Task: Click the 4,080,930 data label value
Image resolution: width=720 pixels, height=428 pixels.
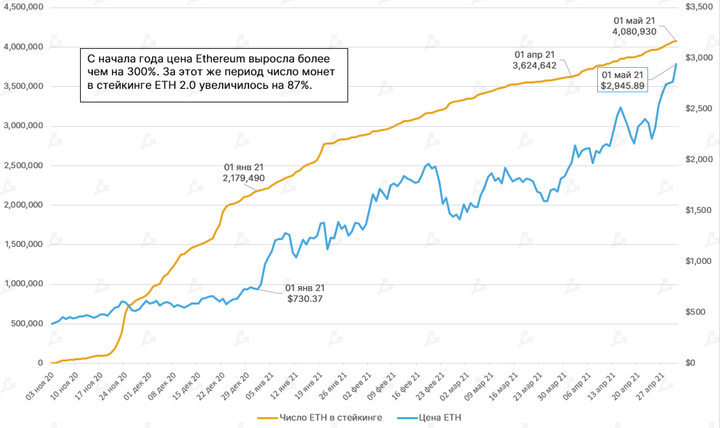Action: (634, 32)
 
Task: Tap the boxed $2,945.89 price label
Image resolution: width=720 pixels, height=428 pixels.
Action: (622, 86)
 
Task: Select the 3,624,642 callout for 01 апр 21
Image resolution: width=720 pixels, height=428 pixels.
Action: (534, 65)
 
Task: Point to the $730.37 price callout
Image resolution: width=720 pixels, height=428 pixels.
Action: (305, 299)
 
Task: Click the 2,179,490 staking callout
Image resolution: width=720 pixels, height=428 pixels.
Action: (244, 178)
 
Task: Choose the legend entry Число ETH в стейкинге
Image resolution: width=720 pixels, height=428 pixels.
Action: (320, 417)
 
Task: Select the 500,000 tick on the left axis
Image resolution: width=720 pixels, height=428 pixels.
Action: (26, 324)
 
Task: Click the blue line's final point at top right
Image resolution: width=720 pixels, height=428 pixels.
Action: (676, 64)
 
